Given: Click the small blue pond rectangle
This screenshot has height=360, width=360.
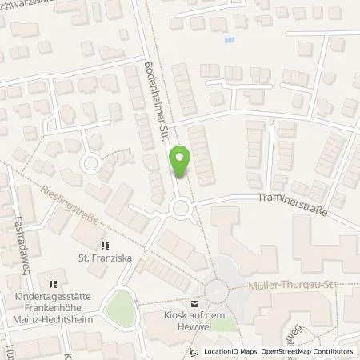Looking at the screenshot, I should point(230,39).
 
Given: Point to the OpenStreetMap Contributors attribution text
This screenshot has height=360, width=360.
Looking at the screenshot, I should point(312,351).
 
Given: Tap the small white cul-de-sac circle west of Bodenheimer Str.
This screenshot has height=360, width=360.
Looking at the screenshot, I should point(90,166).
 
